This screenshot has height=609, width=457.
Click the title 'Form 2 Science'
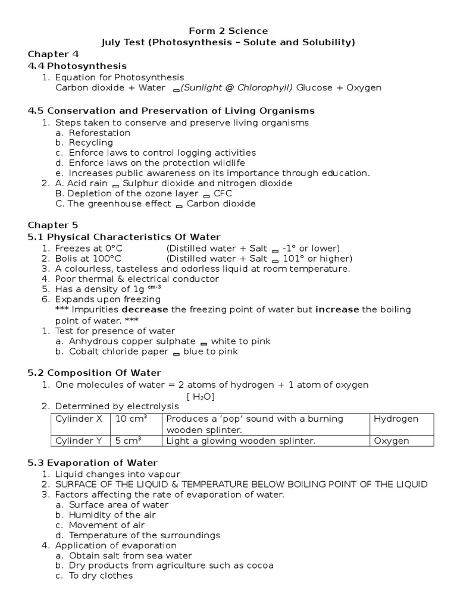tap(228, 30)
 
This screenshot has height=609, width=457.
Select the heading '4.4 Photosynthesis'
tap(77, 66)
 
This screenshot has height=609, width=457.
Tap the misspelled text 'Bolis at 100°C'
tap(88, 258)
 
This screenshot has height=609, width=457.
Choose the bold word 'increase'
tap(337, 309)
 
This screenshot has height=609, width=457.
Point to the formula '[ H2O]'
tap(201, 396)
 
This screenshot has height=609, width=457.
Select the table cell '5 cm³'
tap(128, 441)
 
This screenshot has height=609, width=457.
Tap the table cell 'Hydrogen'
tap(396, 419)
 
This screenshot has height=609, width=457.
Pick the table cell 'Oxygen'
tap(391, 441)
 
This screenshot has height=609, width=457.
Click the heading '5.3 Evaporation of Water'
tap(92, 463)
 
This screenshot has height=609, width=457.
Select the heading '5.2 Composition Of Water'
tap(95, 373)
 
